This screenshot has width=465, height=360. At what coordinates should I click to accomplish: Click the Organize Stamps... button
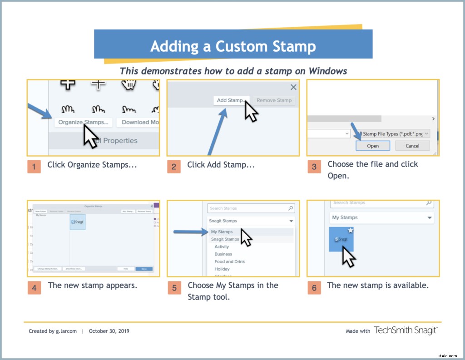84,122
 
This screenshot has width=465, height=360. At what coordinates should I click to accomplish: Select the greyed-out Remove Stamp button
274,100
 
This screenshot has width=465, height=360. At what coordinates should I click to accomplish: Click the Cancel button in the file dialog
412,146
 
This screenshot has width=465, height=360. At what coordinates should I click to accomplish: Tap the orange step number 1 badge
34,166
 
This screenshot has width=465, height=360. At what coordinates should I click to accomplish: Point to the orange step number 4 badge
34,287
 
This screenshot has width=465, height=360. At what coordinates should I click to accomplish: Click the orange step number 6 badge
314,287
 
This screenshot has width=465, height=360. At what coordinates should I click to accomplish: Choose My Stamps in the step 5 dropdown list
222,232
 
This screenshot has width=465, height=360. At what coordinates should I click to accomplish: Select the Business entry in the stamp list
223,254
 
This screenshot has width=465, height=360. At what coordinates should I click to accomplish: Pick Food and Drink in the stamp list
230,261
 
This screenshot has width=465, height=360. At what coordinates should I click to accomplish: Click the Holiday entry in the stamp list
222,269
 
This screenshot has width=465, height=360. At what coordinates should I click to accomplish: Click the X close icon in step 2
293,87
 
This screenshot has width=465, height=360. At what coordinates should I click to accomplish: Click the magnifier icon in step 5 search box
291,208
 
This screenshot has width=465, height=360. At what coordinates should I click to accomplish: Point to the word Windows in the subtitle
328,71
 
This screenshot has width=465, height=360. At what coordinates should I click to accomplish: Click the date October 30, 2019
109,331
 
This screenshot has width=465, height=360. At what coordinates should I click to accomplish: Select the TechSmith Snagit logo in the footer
406,330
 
